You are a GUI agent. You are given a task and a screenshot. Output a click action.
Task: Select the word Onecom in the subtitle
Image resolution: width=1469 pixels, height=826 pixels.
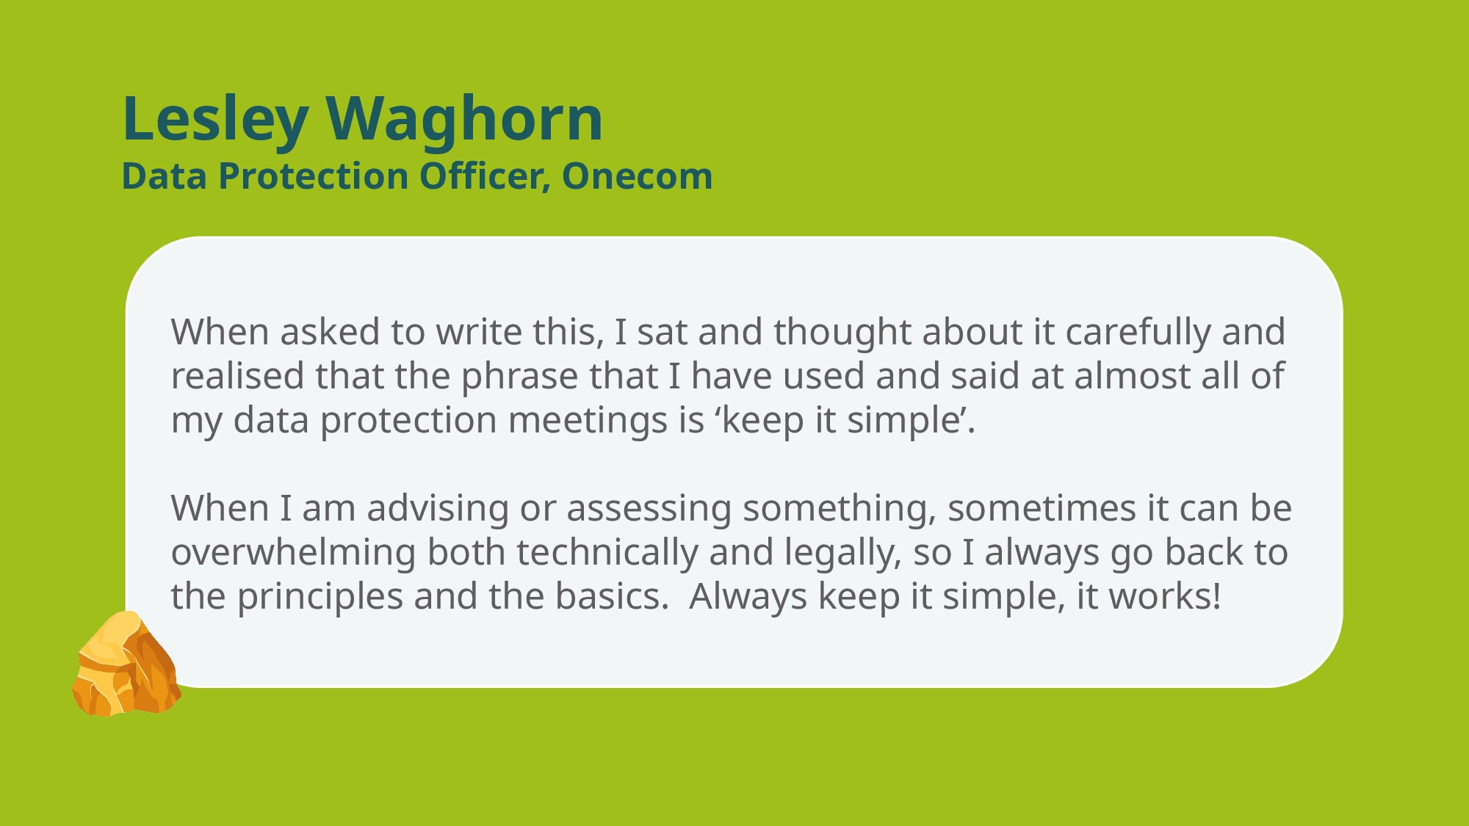(x=637, y=176)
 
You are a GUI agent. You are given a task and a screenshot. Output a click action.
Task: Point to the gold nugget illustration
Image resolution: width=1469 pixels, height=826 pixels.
(x=126, y=664)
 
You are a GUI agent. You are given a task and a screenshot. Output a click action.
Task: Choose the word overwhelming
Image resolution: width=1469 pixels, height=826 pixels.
(x=294, y=553)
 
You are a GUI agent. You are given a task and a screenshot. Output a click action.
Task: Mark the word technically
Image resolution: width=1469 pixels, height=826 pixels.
(x=607, y=553)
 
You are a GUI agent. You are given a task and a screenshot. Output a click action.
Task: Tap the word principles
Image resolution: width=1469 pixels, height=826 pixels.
(x=320, y=597)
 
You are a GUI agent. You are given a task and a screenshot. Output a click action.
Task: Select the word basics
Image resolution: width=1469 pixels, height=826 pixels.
(x=612, y=596)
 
